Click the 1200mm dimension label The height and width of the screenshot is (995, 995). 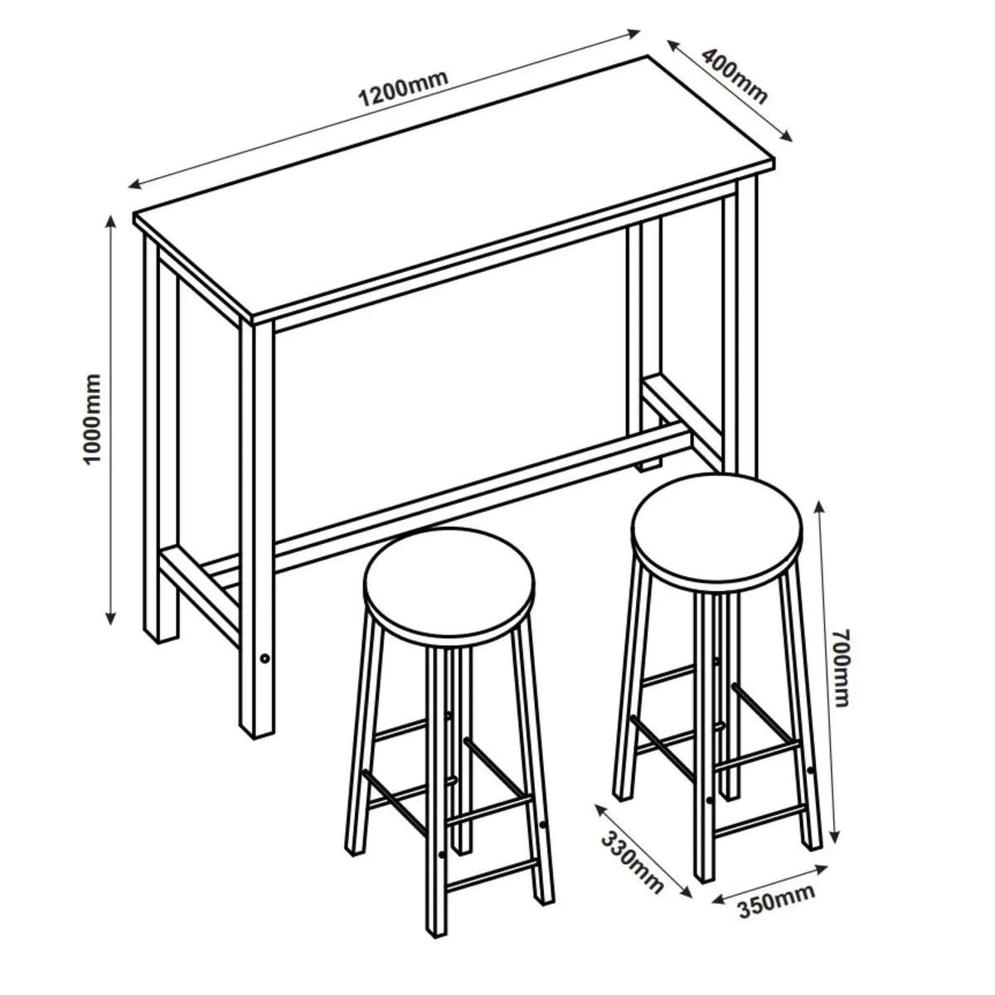tap(403, 90)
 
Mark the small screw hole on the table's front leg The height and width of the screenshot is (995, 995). tap(264, 658)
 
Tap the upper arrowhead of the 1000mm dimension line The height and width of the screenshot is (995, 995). tap(110, 221)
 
